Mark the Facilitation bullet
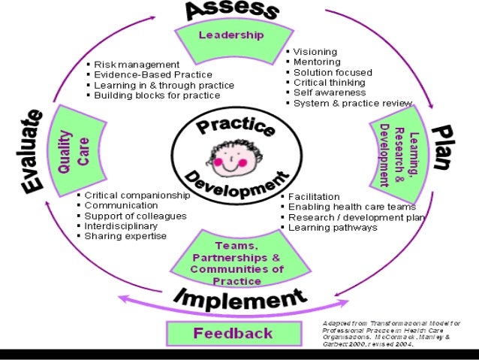[314, 196]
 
